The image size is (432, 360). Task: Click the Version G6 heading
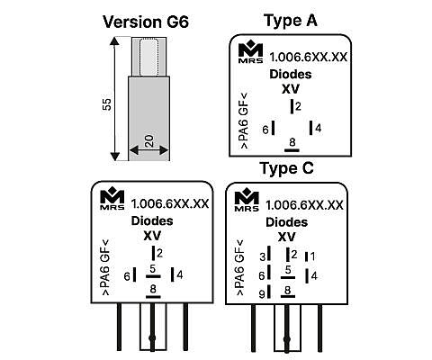pos(146,22)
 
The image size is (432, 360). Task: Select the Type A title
pos(291,21)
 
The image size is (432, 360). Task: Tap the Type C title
pos(287,168)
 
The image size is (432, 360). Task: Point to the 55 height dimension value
pos(107,104)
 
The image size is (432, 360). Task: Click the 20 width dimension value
pos(148,141)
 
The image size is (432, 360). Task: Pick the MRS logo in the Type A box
pos(251,53)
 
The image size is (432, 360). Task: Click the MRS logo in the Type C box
pos(247,200)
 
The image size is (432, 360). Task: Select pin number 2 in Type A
pos(298,106)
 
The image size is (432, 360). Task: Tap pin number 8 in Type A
pos(292,142)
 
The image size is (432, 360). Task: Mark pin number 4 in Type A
pos(319,129)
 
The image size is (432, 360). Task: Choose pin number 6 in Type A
pos(265,130)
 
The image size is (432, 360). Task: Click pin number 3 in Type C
pos(263,256)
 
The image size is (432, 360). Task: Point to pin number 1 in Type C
pos(312,256)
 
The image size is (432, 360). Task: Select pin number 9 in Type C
pos(262,294)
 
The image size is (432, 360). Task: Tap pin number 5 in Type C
pos(288,270)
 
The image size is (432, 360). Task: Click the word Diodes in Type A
pos(291,74)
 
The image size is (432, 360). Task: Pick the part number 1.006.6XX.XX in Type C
pos(304,205)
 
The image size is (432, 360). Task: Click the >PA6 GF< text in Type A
pos(245,121)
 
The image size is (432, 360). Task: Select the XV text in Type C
pos(287,237)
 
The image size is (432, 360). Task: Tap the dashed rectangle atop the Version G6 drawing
pos(149,57)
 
